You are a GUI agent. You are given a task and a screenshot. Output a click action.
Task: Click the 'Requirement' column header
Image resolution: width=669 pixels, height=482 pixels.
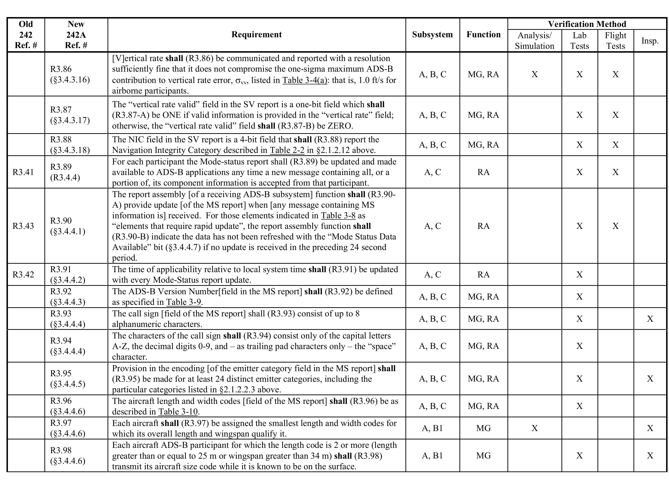pyautogui.click(x=256, y=35)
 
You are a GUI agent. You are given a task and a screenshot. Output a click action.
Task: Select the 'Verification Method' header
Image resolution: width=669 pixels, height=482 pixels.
pyautogui.click(x=587, y=24)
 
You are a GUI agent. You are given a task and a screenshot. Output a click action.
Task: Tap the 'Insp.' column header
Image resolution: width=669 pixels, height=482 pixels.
pyautogui.click(x=650, y=41)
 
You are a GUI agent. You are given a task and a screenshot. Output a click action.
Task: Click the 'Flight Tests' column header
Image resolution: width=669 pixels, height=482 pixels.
pyautogui.click(x=615, y=41)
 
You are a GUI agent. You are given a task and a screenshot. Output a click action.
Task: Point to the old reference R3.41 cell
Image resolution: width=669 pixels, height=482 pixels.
pyautogui.click(x=23, y=172)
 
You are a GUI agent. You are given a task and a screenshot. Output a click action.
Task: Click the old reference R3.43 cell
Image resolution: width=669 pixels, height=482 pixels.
pyautogui.click(x=23, y=226)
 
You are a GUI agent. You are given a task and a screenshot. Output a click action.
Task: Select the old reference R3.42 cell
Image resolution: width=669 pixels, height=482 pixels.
pyautogui.click(x=23, y=274)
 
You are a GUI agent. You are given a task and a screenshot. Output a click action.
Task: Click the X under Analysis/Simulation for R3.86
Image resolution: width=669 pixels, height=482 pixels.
pyautogui.click(x=535, y=74)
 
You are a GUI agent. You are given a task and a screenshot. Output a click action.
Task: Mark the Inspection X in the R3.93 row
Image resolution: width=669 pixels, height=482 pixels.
pyautogui.click(x=650, y=319)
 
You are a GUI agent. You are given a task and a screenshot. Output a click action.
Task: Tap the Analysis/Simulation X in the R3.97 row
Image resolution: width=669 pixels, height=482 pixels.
pyautogui.click(x=535, y=428)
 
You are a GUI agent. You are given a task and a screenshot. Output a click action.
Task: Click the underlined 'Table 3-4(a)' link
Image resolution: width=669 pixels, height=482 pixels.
pyautogui.click(x=305, y=80)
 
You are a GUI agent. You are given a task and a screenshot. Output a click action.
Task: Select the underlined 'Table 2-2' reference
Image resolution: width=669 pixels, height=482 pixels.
pyautogui.click(x=287, y=150)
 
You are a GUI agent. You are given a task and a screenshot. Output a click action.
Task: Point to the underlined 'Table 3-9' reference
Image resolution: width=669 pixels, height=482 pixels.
pyautogui.click(x=183, y=302)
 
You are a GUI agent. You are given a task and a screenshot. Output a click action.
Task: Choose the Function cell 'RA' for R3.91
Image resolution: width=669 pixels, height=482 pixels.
pyautogui.click(x=483, y=274)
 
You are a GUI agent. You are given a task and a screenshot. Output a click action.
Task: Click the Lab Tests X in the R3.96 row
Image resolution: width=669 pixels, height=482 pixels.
pyautogui.click(x=579, y=406)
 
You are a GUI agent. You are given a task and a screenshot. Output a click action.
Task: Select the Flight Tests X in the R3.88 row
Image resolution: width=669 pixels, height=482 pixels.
pyautogui.click(x=615, y=145)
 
